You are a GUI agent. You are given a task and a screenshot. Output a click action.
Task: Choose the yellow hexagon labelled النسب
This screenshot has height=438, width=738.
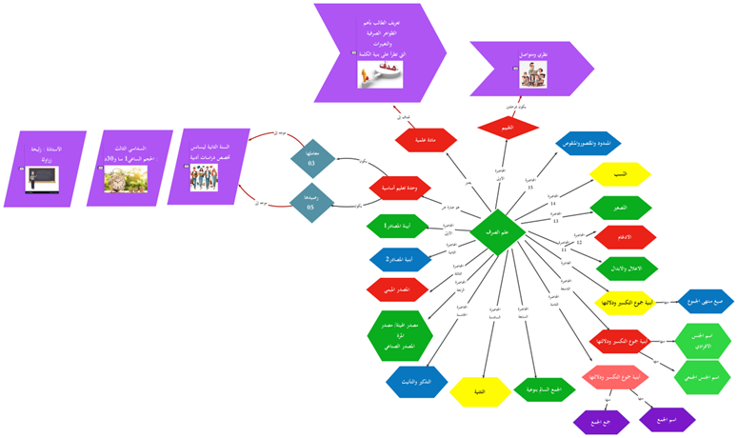619,175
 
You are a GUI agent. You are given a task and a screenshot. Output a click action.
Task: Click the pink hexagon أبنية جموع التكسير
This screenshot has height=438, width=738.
614,377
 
